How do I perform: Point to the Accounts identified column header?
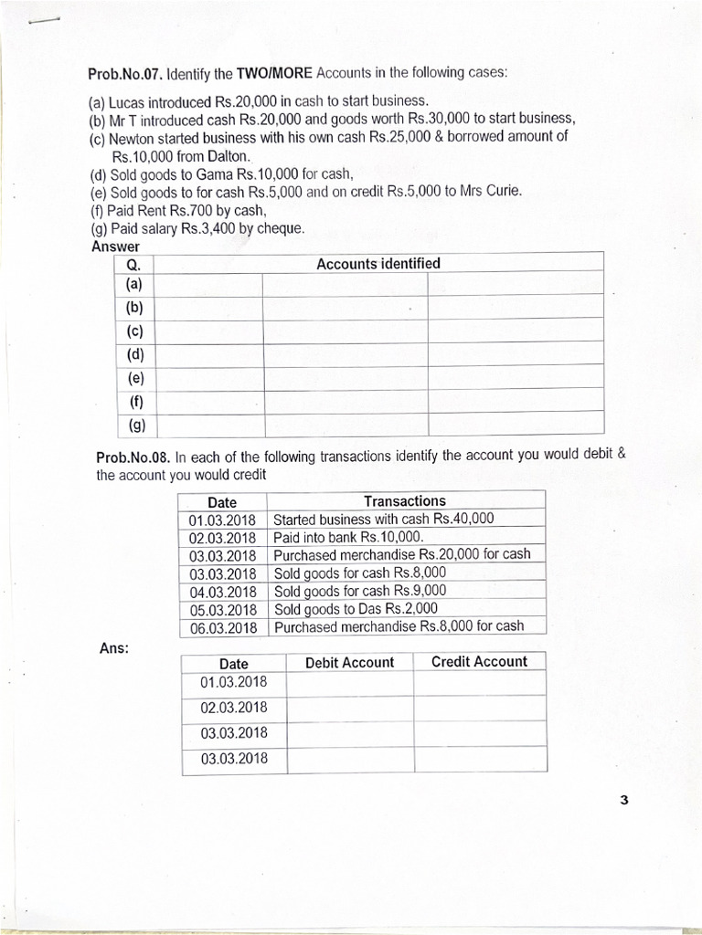pos(378,264)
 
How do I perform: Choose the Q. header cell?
pos(133,266)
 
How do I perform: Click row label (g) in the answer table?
pos(136,425)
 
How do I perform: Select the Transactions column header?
pos(405,500)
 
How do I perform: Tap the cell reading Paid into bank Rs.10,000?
pos(349,537)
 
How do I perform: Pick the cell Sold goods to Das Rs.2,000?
pos(356,608)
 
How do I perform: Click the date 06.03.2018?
pos(222,627)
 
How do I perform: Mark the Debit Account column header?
pos(349,662)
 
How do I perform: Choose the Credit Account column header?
pos(479,661)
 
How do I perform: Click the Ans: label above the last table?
pos(114,648)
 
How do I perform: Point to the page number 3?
pos(623,801)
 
